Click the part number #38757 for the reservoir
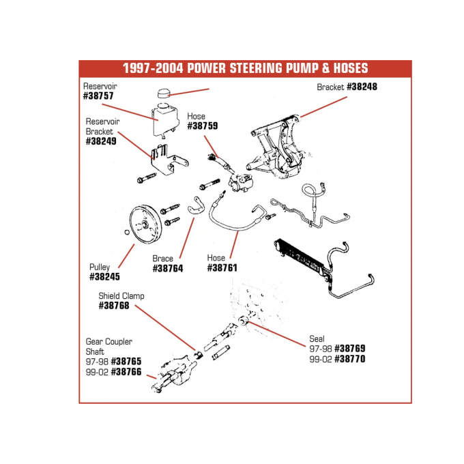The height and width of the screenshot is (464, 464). [98, 96]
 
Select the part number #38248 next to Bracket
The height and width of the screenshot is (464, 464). [362, 87]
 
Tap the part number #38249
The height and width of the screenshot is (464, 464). [101, 141]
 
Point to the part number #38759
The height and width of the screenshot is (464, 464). [203, 126]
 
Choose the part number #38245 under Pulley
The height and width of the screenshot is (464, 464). [104, 277]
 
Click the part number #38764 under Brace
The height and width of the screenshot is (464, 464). [168, 269]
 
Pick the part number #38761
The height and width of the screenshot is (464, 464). [222, 268]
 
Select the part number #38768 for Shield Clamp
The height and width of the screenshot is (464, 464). [113, 306]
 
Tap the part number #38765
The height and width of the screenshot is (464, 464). [126, 361]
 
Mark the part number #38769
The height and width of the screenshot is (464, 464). [351, 348]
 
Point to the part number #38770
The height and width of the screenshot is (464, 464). [351, 358]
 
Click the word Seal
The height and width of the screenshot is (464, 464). [317, 338]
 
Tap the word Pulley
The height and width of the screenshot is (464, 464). [100, 267]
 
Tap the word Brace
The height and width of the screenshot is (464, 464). [162, 259]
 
